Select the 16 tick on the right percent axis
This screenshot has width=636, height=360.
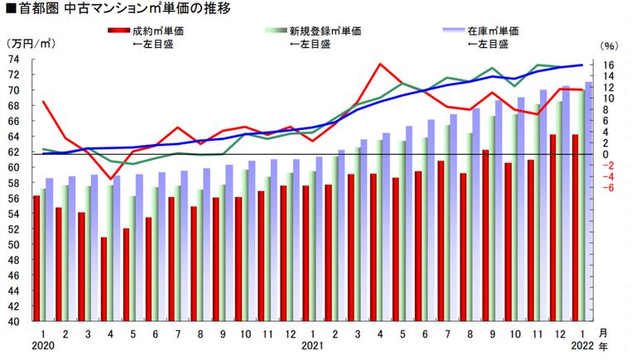[x=607, y=65]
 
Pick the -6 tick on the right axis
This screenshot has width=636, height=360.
[x=607, y=188]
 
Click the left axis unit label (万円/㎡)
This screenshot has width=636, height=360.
[x=30, y=44]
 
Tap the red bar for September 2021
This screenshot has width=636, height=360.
[x=485, y=236]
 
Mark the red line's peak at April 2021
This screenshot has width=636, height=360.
[x=379, y=64]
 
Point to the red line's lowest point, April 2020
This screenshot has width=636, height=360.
[x=109, y=178]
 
